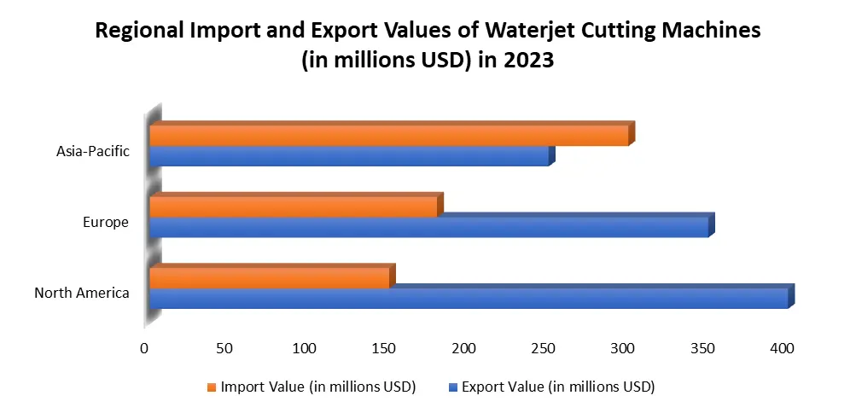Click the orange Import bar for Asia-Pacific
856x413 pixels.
coord(388,136)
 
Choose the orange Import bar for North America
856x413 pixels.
coord(269,278)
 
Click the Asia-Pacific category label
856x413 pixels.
coord(93,152)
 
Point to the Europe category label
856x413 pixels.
coord(106,223)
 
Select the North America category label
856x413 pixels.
coord(82,294)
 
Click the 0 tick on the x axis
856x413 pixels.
coord(144,348)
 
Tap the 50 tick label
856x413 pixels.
coord(224,348)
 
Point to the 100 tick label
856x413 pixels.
coord(304,348)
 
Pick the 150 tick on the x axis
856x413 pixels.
coord(384,348)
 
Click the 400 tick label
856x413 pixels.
coord(782,348)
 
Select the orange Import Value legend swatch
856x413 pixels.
coord(210,387)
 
